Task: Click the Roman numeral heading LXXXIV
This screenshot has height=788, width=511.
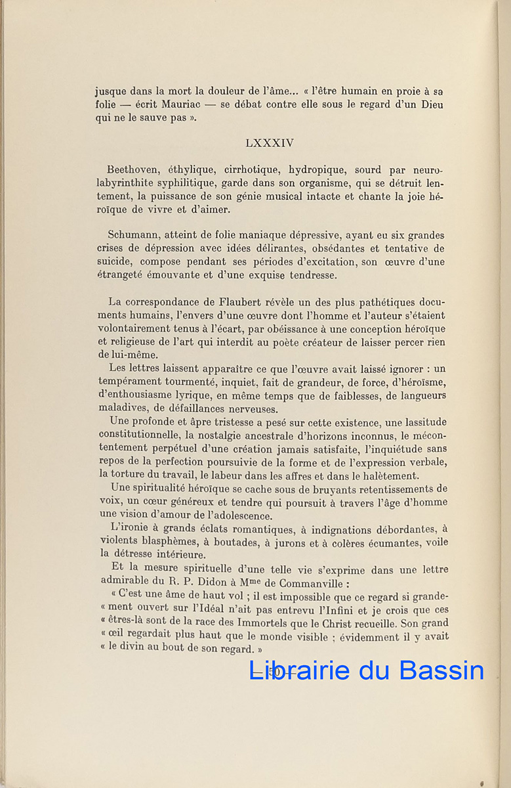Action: pos(270,142)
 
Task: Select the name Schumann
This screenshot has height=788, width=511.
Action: pos(135,235)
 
